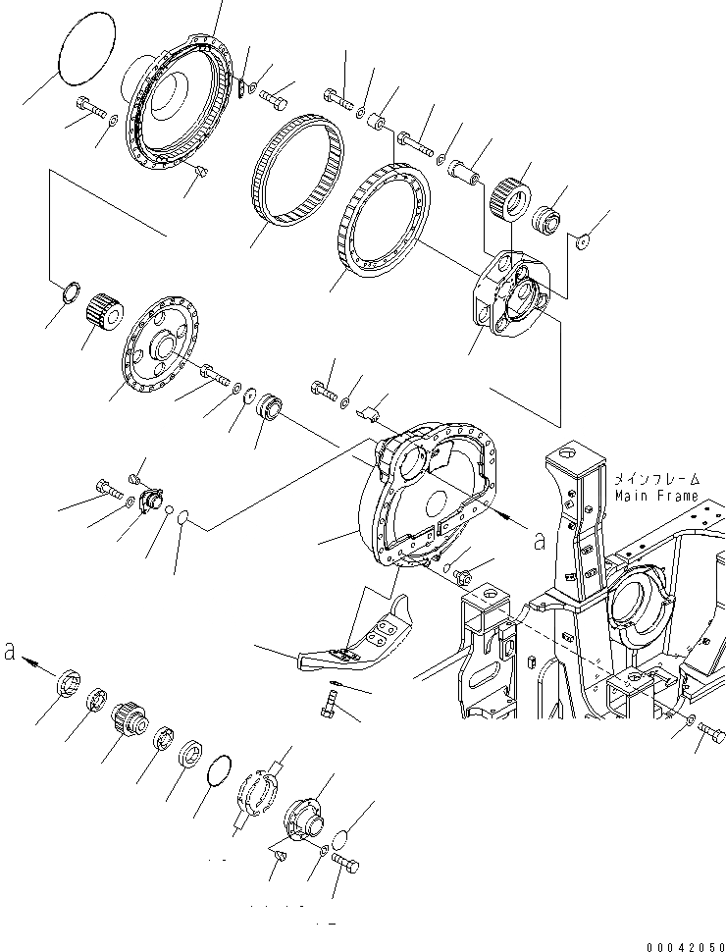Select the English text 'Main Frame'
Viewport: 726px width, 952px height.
click(x=656, y=496)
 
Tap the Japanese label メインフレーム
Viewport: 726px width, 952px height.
click(x=656, y=480)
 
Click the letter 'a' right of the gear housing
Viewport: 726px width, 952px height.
click(x=538, y=537)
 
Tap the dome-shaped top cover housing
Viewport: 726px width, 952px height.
click(x=177, y=98)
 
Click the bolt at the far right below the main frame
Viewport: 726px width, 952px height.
click(x=711, y=733)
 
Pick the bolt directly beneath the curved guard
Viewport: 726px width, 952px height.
click(x=331, y=703)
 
